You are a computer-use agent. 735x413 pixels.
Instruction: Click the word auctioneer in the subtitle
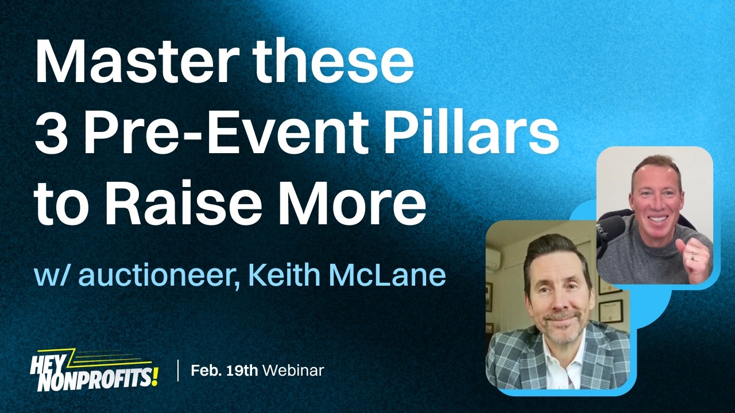(153, 275)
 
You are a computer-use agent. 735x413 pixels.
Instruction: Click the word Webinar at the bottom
(293, 370)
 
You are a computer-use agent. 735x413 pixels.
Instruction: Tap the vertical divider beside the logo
(178, 370)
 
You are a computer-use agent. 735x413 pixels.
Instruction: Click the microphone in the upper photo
(610, 229)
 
